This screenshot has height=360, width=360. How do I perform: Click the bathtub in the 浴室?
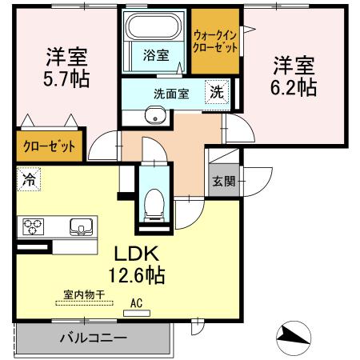coord(154,26)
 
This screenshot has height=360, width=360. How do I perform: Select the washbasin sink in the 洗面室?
coord(156,115)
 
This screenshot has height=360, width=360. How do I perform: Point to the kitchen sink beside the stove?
coord(82,227)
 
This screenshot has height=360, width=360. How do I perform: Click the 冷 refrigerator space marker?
coord(29,179)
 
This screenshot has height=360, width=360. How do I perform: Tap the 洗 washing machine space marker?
coord(217,92)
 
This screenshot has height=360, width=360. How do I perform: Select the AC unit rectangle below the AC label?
coord(137,314)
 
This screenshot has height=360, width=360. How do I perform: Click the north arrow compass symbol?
coord(294,338)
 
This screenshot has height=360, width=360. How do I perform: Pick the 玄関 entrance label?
coord(224,182)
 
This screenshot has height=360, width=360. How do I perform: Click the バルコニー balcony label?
coord(94,338)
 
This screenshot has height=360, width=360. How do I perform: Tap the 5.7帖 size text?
coord(66,79)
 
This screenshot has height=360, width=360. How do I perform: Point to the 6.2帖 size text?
coord(294,87)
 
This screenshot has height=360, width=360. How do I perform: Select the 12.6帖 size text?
coord(137,275)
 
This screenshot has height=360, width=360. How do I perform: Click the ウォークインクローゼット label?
coord(215,42)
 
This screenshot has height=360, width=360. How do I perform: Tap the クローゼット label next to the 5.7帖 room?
coord(50,146)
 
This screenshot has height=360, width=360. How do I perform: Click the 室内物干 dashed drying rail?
coord(84,303)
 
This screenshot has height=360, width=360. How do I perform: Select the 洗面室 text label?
coord(171,94)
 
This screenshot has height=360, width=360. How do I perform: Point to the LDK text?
coord(137,254)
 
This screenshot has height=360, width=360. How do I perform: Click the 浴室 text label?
coord(156,55)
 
